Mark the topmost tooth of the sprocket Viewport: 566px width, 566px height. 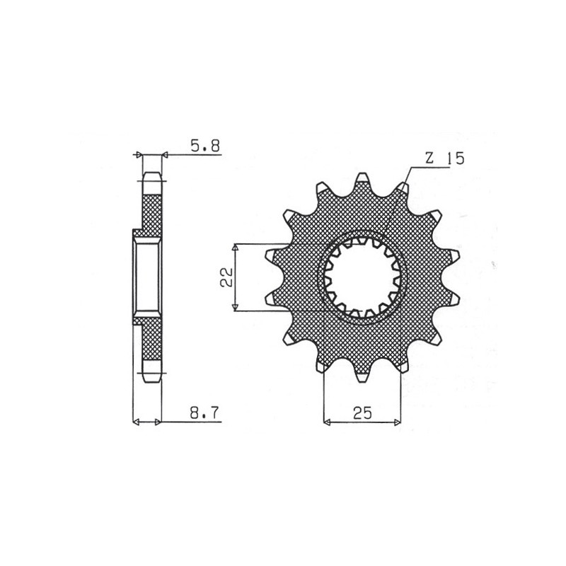point(362,178)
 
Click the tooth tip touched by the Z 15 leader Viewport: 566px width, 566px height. point(403,187)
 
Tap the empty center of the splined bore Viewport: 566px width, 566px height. point(362,277)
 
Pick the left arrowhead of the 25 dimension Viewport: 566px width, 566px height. point(327,422)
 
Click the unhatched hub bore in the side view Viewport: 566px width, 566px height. point(148,277)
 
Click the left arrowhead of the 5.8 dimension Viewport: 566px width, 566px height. point(139,154)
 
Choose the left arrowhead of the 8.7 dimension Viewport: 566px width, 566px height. point(137,422)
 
